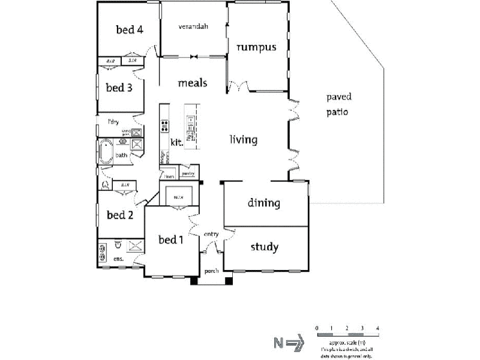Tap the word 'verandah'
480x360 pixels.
[x=193, y=27]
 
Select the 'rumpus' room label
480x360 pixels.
[x=256, y=47]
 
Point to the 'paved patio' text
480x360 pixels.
[x=338, y=104]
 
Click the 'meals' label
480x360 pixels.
[x=192, y=83]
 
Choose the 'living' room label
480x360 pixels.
[x=244, y=140]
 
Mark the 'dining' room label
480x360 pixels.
[x=264, y=203]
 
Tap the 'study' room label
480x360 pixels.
[x=264, y=247]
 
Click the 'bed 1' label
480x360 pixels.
[x=170, y=240]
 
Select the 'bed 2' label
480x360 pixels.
[x=119, y=215]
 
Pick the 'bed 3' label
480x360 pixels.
[x=119, y=88]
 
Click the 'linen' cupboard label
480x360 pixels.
[x=169, y=177]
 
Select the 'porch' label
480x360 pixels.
[x=211, y=271]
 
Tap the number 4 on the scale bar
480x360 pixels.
[x=377, y=328]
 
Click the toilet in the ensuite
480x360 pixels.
[x=118, y=245]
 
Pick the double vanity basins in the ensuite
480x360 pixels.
[x=102, y=248]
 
